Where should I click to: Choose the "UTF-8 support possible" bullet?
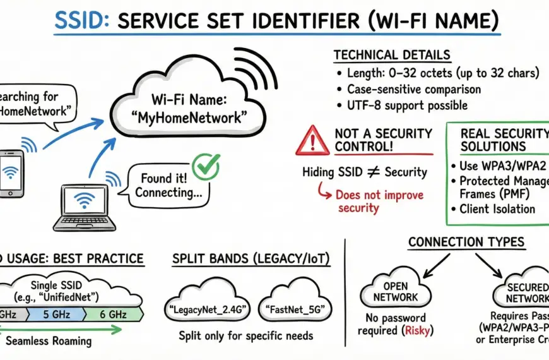408,105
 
